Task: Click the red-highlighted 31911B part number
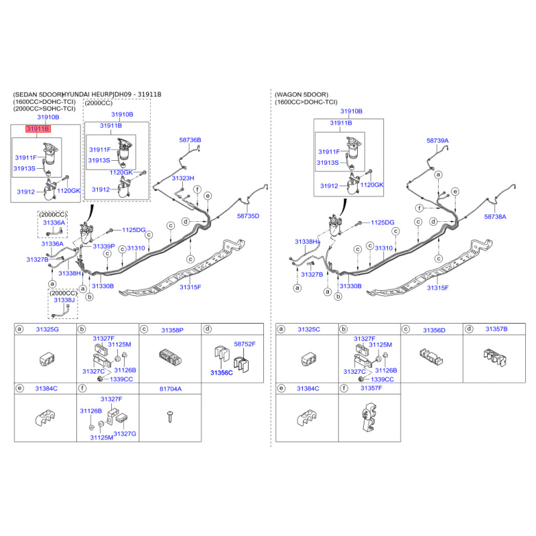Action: (x=38, y=129)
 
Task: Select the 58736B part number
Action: (x=190, y=140)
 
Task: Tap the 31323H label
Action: (x=183, y=178)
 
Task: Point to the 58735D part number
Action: (x=248, y=216)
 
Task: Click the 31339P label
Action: (x=104, y=246)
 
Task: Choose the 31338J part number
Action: (x=64, y=300)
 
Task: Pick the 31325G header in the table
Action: (x=48, y=330)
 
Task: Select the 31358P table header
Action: (x=172, y=330)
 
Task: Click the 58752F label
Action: (x=245, y=344)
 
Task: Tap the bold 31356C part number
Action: (x=222, y=373)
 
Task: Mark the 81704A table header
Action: (x=171, y=389)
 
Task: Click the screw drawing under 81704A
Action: (x=170, y=417)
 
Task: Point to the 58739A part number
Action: (x=438, y=141)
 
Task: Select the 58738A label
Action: (x=495, y=216)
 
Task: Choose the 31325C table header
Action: (x=309, y=330)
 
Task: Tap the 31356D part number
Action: (x=434, y=330)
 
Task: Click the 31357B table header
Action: (x=496, y=329)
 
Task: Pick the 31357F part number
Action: (x=371, y=389)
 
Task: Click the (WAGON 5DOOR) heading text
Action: (x=301, y=94)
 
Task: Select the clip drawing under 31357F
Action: (x=369, y=416)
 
